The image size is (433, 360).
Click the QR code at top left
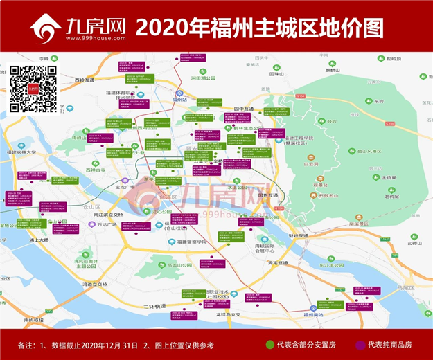[x=33, y=89]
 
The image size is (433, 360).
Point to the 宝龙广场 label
[x=123, y=186]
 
